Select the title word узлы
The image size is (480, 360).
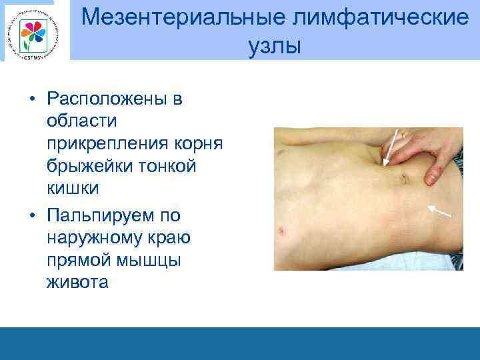point(274,46)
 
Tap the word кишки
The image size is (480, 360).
point(73,188)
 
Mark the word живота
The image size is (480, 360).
point(77,282)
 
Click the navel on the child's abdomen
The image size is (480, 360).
point(401,178)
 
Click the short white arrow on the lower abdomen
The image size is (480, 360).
point(439,212)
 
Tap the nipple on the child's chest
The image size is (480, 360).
point(283,233)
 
